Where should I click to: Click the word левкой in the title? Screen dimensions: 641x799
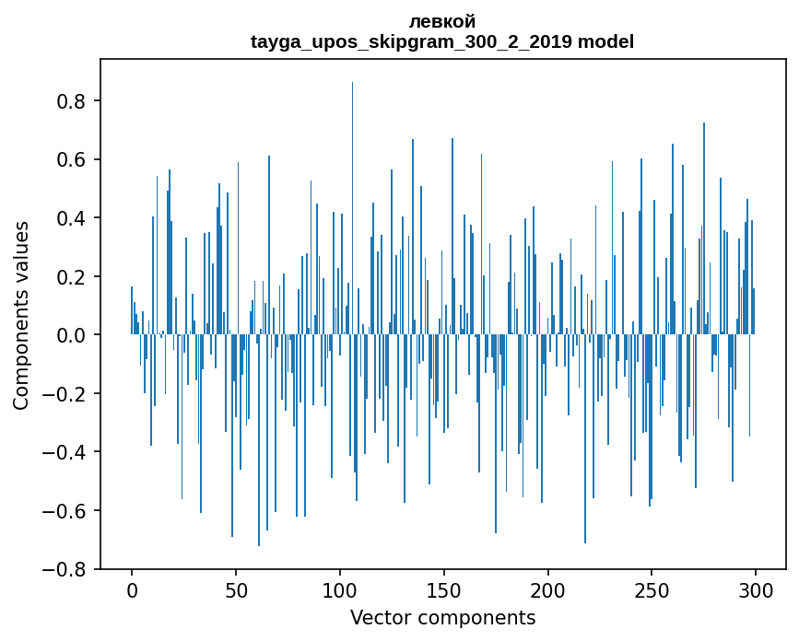[442, 22]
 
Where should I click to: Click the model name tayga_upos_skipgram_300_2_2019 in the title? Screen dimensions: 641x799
[412, 41]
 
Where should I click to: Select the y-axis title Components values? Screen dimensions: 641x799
[21, 315]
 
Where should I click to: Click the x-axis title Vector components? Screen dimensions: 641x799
[442, 617]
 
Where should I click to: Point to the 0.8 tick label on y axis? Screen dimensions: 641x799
[71, 101]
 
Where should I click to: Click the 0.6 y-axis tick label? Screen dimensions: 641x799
[71, 159]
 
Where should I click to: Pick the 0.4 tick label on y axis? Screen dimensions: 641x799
[71, 218]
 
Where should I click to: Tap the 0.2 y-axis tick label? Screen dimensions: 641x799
[71, 276]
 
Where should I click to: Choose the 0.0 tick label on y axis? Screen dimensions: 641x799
[71, 335]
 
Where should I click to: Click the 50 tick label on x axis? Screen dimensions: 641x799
[236, 589]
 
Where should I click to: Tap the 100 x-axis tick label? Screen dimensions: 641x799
[340, 589]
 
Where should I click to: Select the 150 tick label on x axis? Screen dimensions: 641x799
[444, 589]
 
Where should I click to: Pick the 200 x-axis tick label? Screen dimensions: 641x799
[548, 589]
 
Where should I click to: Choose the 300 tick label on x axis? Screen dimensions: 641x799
[756, 589]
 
